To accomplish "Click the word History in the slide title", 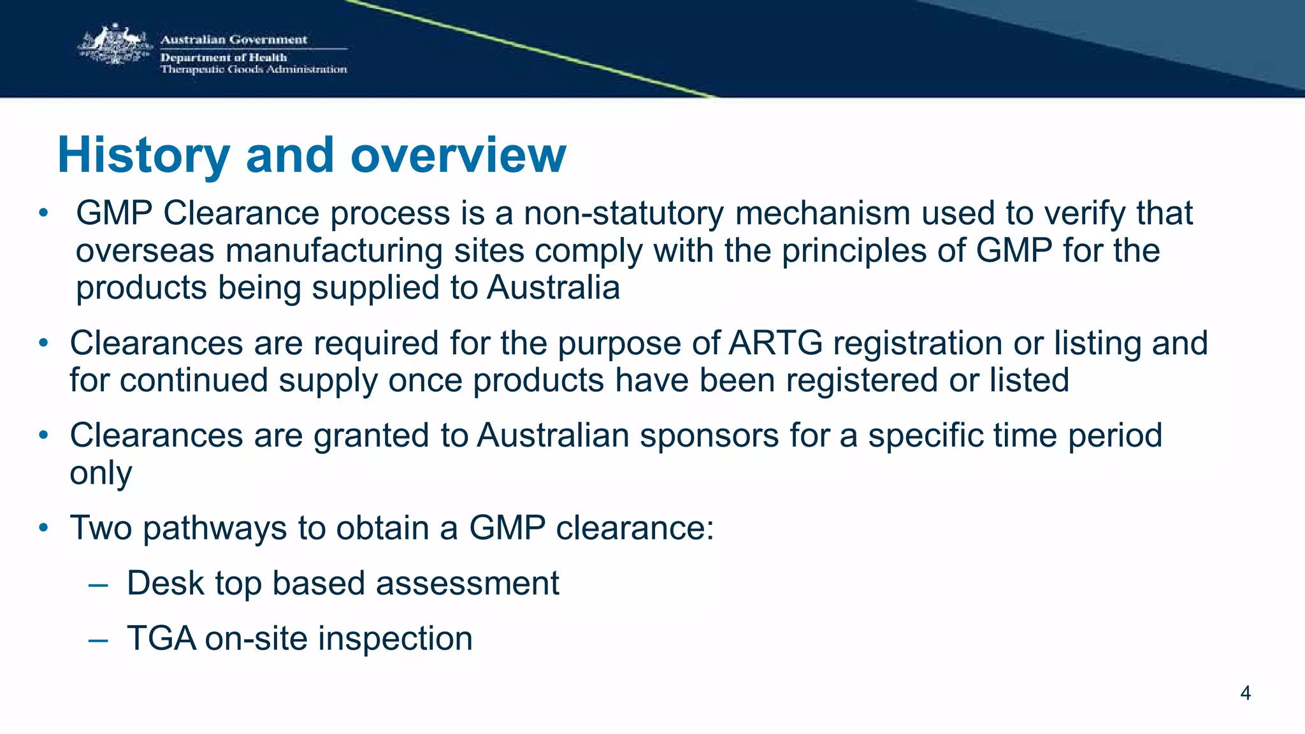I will (x=143, y=155).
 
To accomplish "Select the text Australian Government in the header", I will (x=233, y=40).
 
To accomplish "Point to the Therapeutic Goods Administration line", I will (x=254, y=69).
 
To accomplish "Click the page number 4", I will (x=1246, y=693).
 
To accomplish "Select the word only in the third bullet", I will (x=101, y=473).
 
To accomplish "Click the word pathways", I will (x=215, y=528).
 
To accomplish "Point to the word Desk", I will (x=165, y=583).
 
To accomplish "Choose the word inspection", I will (x=395, y=638).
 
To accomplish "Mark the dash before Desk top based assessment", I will (x=98, y=585).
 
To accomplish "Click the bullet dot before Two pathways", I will (x=43, y=528).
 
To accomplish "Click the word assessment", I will (x=467, y=583).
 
